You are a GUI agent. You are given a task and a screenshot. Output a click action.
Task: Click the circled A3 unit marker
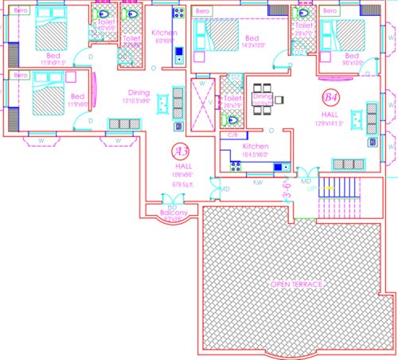(181, 149)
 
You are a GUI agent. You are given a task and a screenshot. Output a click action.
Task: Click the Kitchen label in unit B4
(255, 147)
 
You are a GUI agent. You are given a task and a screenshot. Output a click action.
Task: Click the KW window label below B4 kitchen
(258, 182)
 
